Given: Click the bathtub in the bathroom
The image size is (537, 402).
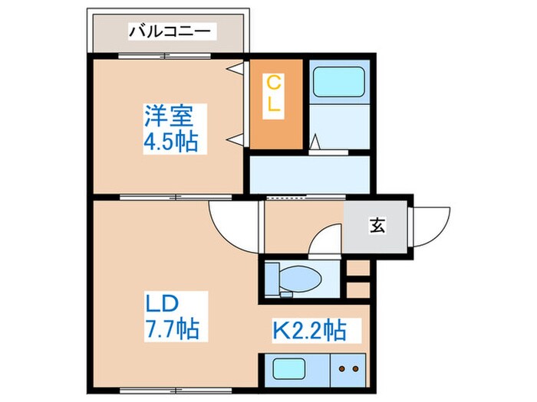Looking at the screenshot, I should tap(338, 82).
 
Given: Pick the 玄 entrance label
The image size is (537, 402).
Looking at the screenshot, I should tap(377, 225).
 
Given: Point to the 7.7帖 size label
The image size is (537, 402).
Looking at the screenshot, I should tap(173, 330).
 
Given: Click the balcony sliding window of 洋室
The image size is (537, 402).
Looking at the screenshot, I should tap(168, 55).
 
